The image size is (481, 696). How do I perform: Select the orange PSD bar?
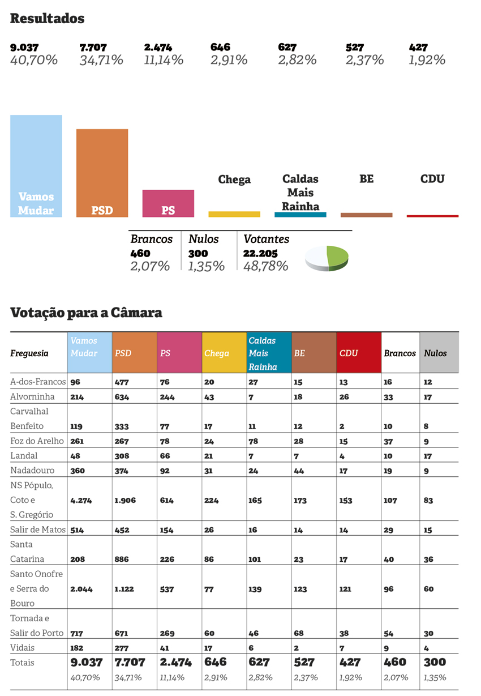(102, 173)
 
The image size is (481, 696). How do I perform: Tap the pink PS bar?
(168, 203)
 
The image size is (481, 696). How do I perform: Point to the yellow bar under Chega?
(234, 214)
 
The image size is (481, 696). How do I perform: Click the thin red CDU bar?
(432, 216)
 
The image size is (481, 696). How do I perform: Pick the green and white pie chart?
(326, 258)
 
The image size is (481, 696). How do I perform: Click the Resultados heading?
(48, 19)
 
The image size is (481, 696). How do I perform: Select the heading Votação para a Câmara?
(86, 313)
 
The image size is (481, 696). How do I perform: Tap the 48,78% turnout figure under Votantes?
(265, 266)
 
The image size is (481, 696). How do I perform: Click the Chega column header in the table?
(217, 353)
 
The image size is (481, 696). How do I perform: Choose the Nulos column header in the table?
(435, 353)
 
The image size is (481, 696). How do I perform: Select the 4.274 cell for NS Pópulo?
(81, 501)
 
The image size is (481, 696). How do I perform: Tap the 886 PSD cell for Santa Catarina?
(122, 560)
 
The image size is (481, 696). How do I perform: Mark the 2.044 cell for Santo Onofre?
(81, 589)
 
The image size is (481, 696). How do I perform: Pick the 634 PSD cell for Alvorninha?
(122, 398)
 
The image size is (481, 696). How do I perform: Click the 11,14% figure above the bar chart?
(164, 60)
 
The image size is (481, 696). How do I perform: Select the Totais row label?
(23, 663)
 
